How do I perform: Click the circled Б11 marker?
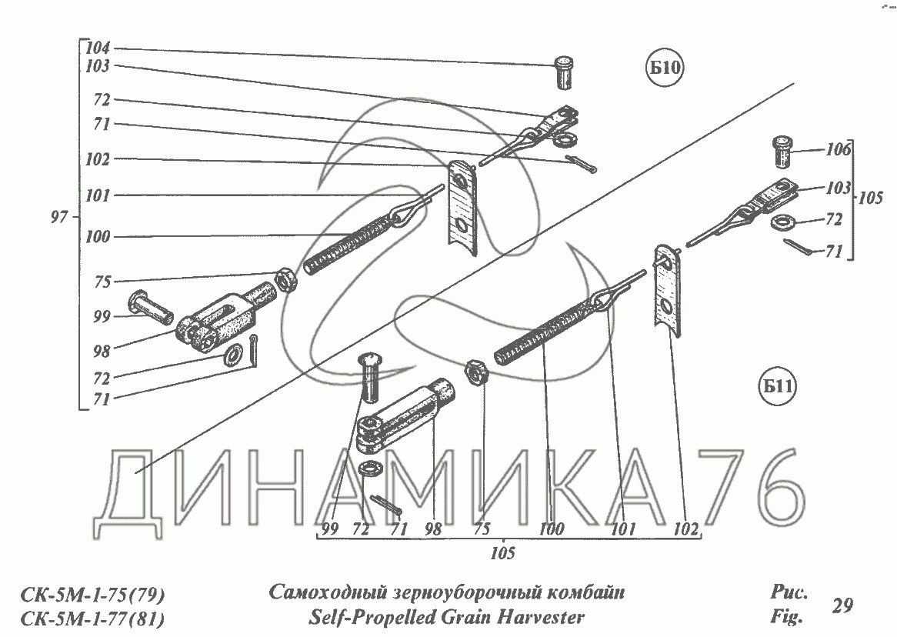pyautogui.click(x=779, y=389)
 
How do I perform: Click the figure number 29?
pyautogui.click(x=842, y=605)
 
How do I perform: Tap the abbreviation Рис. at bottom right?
pyautogui.click(x=787, y=593)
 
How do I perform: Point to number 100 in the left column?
pyautogui.click(x=98, y=237)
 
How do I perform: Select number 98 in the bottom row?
pyautogui.click(x=433, y=529)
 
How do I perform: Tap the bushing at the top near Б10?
pyautogui.click(x=564, y=72)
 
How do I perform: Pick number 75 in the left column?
pyautogui.click(x=102, y=282)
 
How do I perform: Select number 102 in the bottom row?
pyautogui.click(x=685, y=529)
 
